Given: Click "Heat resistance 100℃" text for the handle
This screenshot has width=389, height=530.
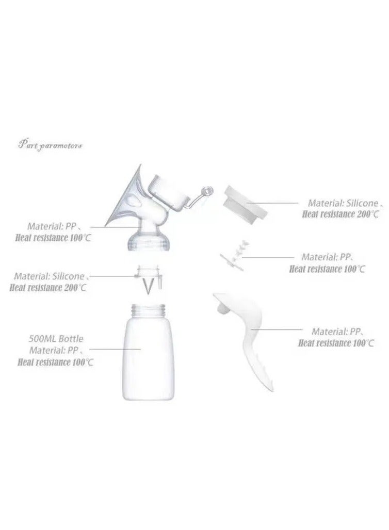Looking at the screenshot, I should point(336,343).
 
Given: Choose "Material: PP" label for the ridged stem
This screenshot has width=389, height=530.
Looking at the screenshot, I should point(333,256).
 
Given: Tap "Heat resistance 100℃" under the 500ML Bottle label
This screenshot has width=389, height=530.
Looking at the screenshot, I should point(55,362).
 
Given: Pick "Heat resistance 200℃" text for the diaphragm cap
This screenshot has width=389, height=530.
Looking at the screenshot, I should point(342,214).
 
